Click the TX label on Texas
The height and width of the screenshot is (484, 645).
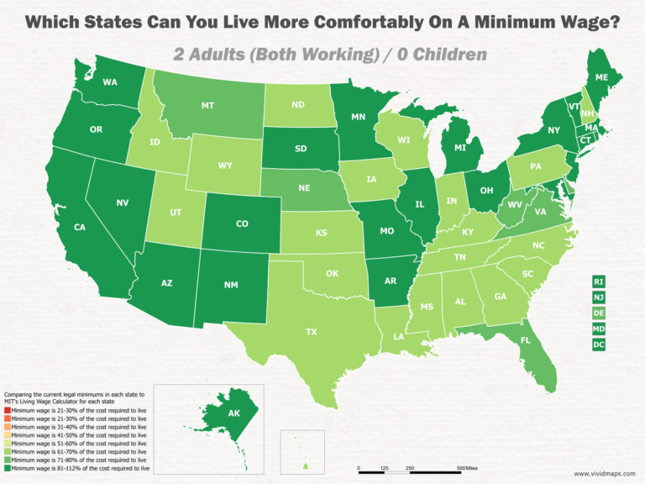(x=312, y=332)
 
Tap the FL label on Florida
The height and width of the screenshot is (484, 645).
(x=526, y=342)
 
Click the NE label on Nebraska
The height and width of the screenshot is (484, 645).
(x=305, y=190)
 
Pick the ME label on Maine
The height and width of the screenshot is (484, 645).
(x=601, y=77)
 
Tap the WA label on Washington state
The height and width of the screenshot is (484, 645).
(x=109, y=82)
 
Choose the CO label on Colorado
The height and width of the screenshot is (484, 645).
(x=242, y=224)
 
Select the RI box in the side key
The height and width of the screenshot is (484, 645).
(x=598, y=281)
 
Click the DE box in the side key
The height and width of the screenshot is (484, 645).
(x=598, y=313)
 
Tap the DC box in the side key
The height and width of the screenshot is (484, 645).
(x=598, y=345)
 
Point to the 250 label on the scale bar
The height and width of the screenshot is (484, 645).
(x=409, y=468)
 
